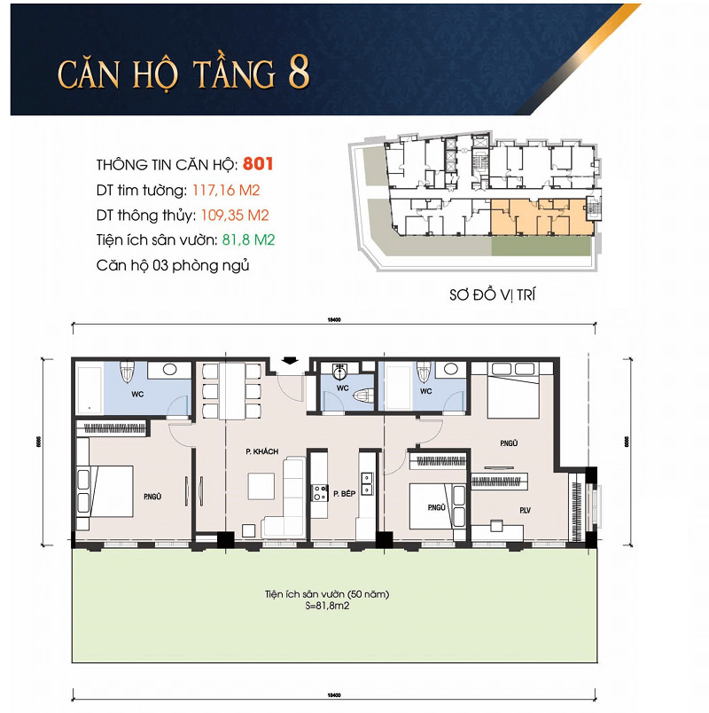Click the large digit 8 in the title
coord(298,74)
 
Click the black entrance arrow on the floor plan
coord(287,360)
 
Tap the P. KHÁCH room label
coord(262,451)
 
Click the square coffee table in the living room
coord(260,486)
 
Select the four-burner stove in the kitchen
coord(318,492)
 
